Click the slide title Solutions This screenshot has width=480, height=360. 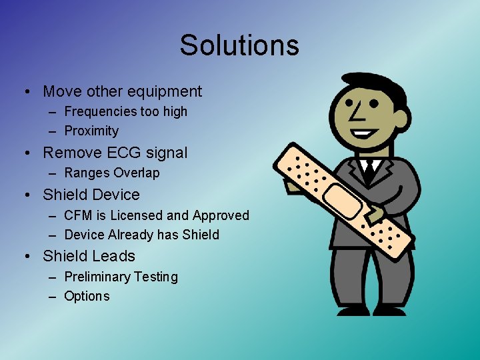coord(239,45)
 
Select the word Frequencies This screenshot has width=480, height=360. coord(98,112)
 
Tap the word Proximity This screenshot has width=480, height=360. coord(91,131)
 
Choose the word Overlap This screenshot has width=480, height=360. coord(137,173)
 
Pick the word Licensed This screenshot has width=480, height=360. coord(136,215)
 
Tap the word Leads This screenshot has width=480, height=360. coord(113,256)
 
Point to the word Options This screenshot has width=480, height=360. coord(87,296)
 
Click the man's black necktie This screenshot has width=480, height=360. coord(368,172)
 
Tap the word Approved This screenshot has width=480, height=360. coord(221,215)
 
